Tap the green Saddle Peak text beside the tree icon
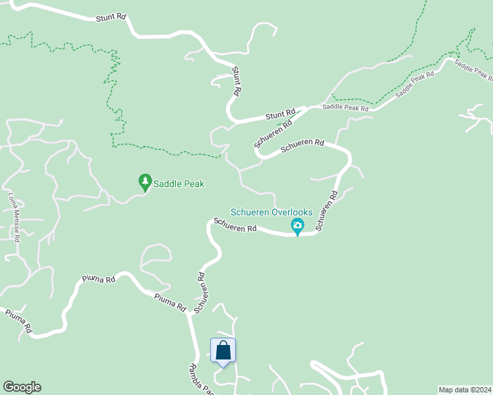point(179,184)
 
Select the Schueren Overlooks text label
point(271,212)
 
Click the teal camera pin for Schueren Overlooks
point(297,226)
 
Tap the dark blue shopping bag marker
point(223,350)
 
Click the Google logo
point(22,387)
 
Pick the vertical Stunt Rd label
point(236,80)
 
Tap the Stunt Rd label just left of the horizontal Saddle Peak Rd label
point(280,115)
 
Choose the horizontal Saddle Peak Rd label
point(345,107)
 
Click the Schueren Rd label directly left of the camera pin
point(234,224)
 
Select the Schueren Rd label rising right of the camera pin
point(326,210)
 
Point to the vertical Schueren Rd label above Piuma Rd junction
point(202,293)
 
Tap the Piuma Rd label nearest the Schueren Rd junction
point(171,302)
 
